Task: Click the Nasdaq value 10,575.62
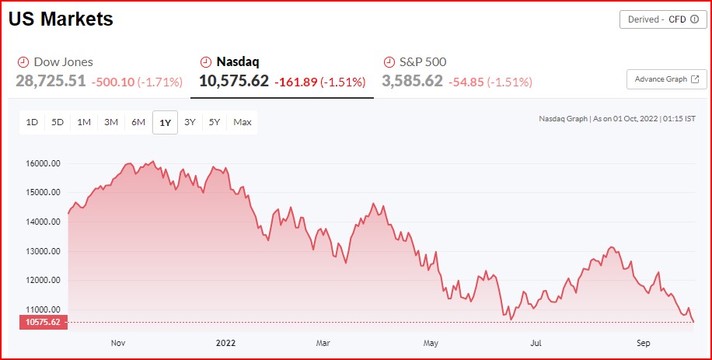234,81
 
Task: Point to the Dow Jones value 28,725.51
51,81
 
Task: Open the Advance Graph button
666,79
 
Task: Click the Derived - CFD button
663,19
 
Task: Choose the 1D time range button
32,122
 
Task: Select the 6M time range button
138,122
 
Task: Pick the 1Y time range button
165,122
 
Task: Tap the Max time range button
242,122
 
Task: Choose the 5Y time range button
215,122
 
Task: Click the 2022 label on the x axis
225,342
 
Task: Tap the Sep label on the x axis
644,342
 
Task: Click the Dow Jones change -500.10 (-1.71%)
137,82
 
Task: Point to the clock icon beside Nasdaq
206,61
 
